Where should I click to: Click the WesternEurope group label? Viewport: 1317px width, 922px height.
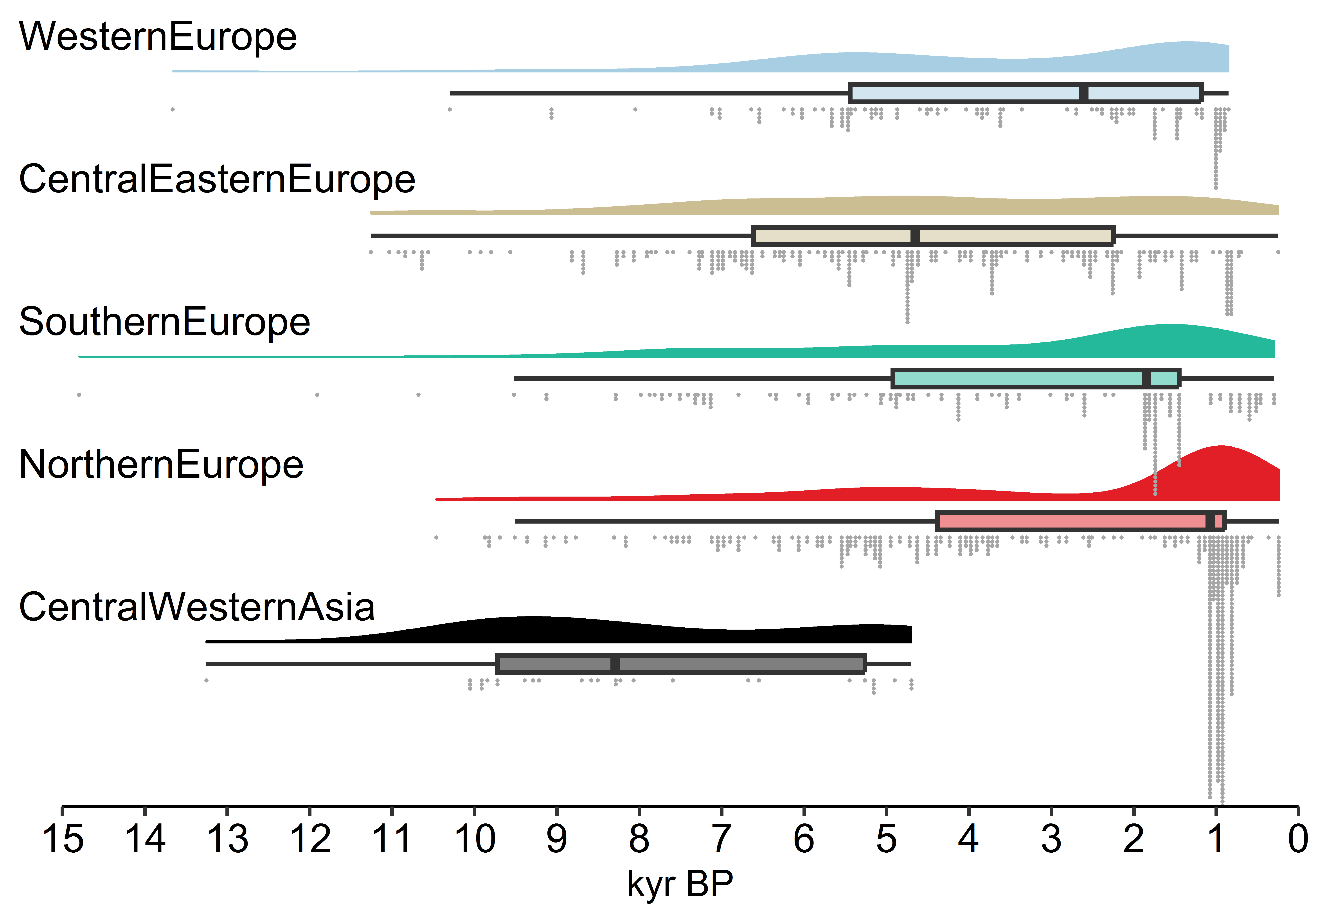(158, 37)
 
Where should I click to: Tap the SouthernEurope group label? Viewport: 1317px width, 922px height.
(165, 322)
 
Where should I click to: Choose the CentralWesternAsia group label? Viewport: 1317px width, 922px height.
(197, 607)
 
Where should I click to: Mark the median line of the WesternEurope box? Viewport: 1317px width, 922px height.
(1083, 93)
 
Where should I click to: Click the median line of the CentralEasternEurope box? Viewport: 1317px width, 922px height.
(915, 236)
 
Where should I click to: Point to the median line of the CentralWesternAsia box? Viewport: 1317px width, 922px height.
(615, 664)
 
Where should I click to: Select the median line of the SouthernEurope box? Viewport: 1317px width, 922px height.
(1146, 379)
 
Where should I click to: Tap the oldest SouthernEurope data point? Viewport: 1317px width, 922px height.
(79, 395)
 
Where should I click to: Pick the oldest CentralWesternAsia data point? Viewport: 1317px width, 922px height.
(207, 681)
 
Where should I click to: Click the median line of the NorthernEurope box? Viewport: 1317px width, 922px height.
(1210, 521)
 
